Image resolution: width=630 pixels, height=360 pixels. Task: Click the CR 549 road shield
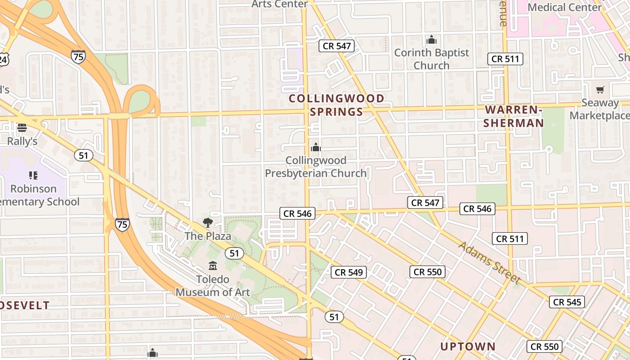(349, 272)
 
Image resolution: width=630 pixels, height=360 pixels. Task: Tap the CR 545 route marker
(567, 302)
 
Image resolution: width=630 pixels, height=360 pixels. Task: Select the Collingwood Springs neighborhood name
(337, 105)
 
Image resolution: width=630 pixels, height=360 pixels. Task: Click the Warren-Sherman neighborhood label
(513, 116)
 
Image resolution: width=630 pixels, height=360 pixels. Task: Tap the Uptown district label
(468, 346)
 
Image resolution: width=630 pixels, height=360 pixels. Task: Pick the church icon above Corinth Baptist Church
(432, 40)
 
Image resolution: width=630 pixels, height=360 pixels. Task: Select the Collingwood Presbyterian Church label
(316, 167)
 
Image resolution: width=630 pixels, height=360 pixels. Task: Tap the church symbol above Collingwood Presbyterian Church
(316, 147)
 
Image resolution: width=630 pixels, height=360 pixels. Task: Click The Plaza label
(208, 236)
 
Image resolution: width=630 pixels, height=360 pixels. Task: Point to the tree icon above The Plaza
(207, 222)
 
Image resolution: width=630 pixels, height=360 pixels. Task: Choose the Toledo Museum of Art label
(213, 286)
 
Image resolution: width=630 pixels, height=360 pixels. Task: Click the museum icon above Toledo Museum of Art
(213, 265)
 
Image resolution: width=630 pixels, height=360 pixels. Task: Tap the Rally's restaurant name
(22, 141)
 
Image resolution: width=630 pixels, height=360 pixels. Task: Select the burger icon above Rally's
(22, 128)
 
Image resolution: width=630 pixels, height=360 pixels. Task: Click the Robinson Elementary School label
(36, 195)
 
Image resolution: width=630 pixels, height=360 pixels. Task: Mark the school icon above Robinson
(33, 175)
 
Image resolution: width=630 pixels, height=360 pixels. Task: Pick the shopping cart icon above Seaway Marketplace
(600, 90)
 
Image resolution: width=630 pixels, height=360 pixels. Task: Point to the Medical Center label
(565, 7)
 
